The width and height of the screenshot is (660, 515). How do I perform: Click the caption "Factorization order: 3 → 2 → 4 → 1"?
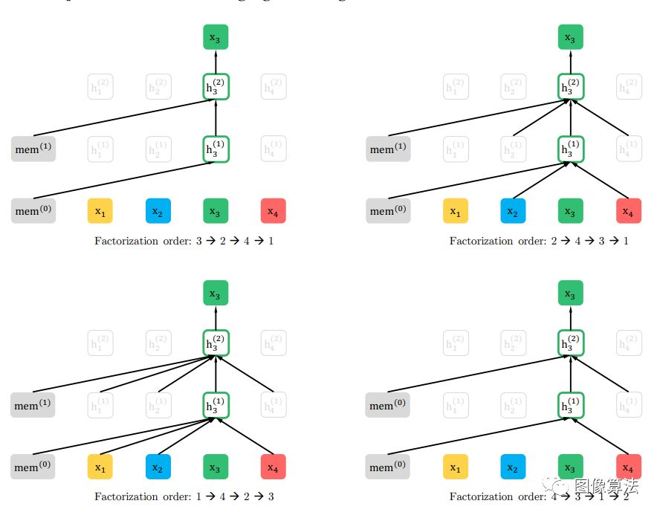[184, 241]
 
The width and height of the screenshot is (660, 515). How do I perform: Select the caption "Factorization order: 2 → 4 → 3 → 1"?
[539, 241]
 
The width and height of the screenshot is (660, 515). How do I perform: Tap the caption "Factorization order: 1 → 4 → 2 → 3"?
[184, 496]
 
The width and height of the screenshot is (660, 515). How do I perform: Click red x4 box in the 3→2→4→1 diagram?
[274, 211]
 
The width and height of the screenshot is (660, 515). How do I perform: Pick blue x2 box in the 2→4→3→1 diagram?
[513, 211]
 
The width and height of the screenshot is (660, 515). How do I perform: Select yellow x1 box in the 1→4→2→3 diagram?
[100, 467]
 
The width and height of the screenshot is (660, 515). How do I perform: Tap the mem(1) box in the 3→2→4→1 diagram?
[33, 149]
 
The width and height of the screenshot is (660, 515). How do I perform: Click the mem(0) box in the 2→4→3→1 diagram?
[388, 211]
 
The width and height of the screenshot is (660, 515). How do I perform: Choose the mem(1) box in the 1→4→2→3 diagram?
[33, 406]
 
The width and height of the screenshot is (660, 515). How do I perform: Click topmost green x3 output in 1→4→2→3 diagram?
[216, 294]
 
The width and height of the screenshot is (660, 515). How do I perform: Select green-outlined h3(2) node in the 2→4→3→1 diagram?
[571, 87]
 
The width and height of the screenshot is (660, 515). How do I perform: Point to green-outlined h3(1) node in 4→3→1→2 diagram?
[571, 406]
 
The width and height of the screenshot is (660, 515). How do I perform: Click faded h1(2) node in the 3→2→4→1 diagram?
[100, 87]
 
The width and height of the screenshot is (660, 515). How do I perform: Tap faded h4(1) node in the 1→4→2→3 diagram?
[274, 406]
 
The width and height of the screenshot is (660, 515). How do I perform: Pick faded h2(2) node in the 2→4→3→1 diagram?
[513, 87]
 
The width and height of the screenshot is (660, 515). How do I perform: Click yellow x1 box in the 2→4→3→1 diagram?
[456, 211]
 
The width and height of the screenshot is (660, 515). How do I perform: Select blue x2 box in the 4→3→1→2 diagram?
[513, 467]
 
